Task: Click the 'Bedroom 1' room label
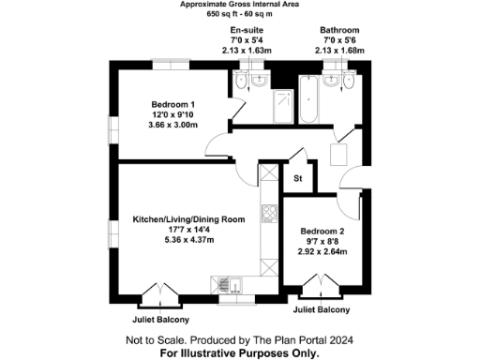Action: (172, 104)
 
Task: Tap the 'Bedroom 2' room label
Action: (322, 231)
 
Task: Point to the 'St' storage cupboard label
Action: (298, 177)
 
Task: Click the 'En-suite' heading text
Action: (248, 30)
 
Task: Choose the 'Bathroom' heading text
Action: (338, 30)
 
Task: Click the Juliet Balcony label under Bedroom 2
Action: (322, 309)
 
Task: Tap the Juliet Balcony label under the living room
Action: (153, 318)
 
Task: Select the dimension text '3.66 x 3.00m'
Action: (172, 125)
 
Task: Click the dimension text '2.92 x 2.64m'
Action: (322, 251)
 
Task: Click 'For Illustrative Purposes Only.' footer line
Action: (239, 353)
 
